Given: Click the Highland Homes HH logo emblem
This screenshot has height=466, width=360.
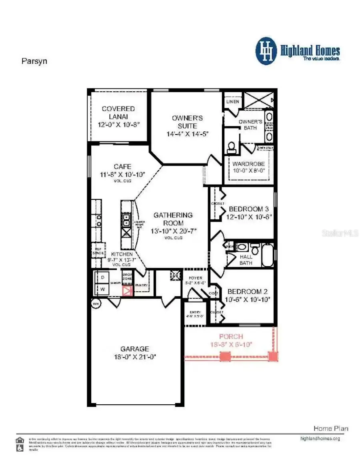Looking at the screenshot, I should tap(266, 51).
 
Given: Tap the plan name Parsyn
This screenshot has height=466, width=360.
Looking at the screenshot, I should tap(34, 62).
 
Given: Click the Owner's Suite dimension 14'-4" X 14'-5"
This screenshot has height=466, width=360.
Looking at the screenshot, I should tap(187, 134).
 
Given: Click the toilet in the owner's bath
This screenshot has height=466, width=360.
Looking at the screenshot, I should tap(231, 149).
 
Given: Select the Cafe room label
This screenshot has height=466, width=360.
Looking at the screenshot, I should tap(122, 167).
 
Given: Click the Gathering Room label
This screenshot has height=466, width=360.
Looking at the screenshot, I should tap(173, 219).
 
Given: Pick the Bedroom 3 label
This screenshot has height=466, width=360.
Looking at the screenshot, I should tap(248, 209).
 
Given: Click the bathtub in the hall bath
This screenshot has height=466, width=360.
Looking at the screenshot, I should tap(268, 255).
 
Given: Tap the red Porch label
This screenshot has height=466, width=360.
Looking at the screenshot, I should tap(231, 337).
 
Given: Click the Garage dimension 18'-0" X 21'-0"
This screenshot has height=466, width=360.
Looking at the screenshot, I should tap(135, 356).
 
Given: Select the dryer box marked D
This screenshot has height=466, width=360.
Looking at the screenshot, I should tap(102, 277).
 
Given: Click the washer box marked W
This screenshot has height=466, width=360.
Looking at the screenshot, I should tap(102, 289).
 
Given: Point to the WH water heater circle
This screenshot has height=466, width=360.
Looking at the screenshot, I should tap(96, 303).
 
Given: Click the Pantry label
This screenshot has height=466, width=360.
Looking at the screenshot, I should tap(141, 285).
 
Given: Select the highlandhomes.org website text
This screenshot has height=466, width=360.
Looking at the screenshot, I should tap(320, 438).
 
